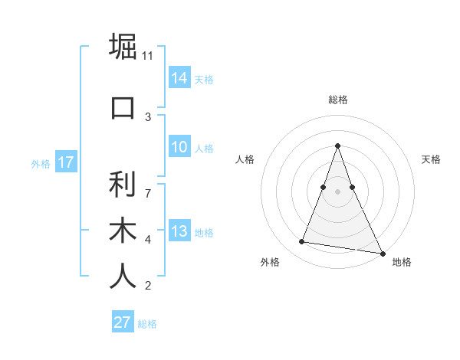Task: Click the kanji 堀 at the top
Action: [123, 47]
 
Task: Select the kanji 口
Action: [123, 106]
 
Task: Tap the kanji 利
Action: [123, 184]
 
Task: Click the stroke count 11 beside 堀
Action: [148, 56]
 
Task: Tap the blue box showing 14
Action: [179, 77]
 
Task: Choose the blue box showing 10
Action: [179, 147]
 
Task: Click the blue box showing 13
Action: [179, 231]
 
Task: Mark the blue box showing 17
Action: [65, 162]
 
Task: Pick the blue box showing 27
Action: [123, 322]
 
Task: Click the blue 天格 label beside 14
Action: [204, 79]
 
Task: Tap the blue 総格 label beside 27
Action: [147, 324]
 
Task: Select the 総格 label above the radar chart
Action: [338, 100]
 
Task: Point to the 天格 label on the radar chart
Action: [432, 159]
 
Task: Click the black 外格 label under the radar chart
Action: [270, 262]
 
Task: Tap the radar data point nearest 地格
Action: [381, 252]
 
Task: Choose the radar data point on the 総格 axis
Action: [337, 146]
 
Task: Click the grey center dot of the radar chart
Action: [337, 191]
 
